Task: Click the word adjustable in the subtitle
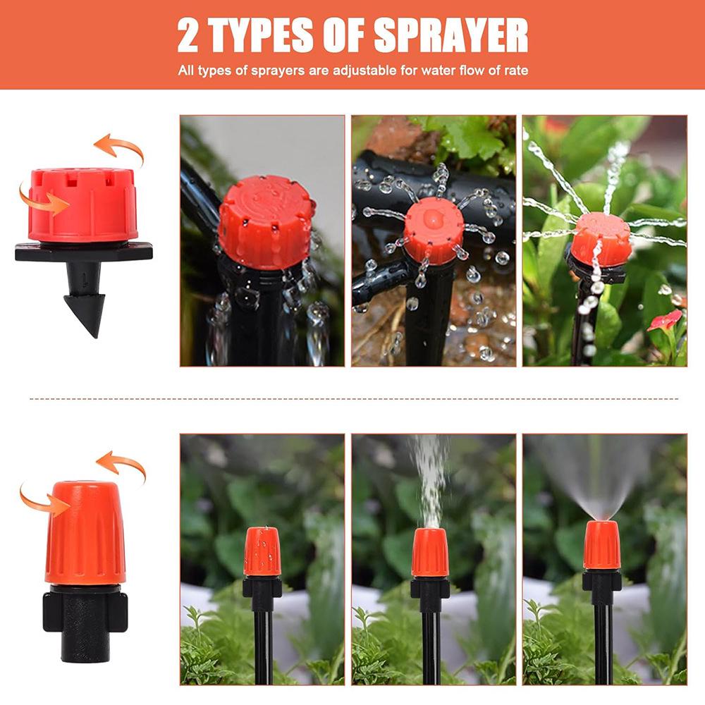pos(380,70)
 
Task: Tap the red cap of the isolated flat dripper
pos(83,204)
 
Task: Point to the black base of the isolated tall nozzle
pos(85,623)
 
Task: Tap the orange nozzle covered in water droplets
pos(262,552)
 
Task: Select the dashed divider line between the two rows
pos(352,399)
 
